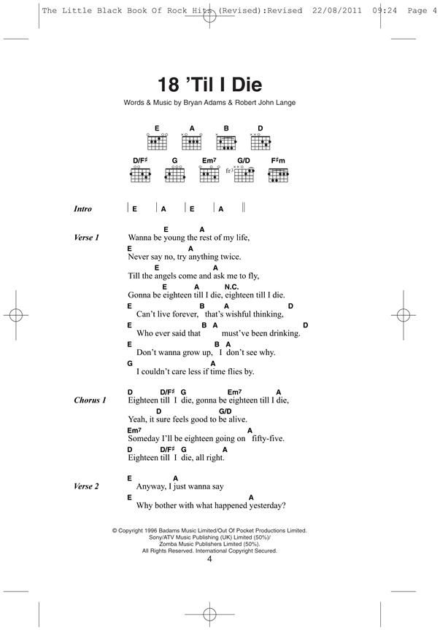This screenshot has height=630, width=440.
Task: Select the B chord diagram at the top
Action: [x=227, y=141]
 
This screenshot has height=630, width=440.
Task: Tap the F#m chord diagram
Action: [x=278, y=174]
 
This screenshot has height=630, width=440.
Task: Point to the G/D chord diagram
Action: [x=244, y=174]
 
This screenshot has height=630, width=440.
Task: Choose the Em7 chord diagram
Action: [x=209, y=174]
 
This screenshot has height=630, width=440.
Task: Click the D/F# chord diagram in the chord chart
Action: [x=140, y=174]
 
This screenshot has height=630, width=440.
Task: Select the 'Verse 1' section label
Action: [x=86, y=238]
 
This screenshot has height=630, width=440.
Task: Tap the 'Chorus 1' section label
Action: [x=90, y=400]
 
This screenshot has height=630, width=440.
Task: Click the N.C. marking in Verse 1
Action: [x=231, y=287]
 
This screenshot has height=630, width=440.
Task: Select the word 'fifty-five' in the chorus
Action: [x=267, y=439]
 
